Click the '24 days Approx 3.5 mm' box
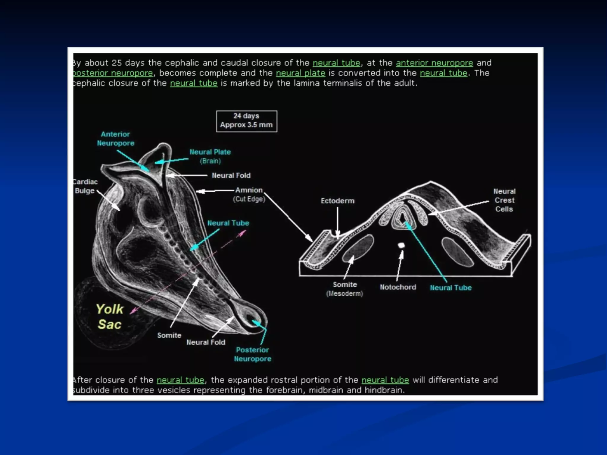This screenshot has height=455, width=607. tap(246, 121)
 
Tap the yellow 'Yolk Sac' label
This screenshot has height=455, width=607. tap(109, 317)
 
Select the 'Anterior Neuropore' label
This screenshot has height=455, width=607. tap(116, 139)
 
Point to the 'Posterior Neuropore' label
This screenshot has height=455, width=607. tap(253, 354)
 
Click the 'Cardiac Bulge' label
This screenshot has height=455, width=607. tap(85, 186)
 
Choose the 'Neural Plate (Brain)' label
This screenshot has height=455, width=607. tap(210, 156)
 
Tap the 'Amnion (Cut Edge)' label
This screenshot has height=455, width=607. tap(249, 194)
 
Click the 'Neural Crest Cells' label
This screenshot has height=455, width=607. tap(504, 200)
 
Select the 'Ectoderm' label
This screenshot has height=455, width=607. tap(338, 201)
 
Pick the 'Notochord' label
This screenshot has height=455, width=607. tap(398, 287)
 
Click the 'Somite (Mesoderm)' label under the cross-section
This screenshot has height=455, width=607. tap(345, 289)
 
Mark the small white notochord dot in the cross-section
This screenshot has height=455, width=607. tap(401, 245)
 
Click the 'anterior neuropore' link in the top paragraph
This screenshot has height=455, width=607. tap(434, 63)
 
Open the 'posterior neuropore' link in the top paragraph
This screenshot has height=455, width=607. tap(113, 73)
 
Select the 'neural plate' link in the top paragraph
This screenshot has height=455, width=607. tap(301, 73)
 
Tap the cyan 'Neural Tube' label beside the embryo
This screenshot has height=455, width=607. tap(228, 223)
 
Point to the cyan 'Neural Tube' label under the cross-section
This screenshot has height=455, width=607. tap(451, 288)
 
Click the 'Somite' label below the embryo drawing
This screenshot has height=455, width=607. tap(169, 335)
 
